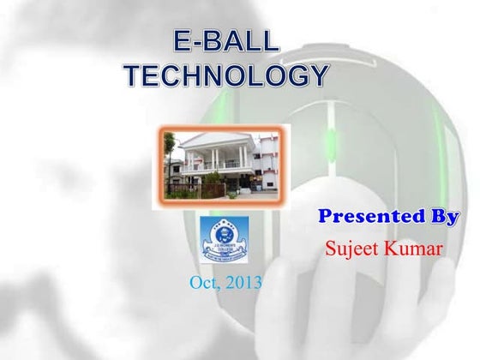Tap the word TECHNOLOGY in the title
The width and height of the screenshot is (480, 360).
coord(225,76)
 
